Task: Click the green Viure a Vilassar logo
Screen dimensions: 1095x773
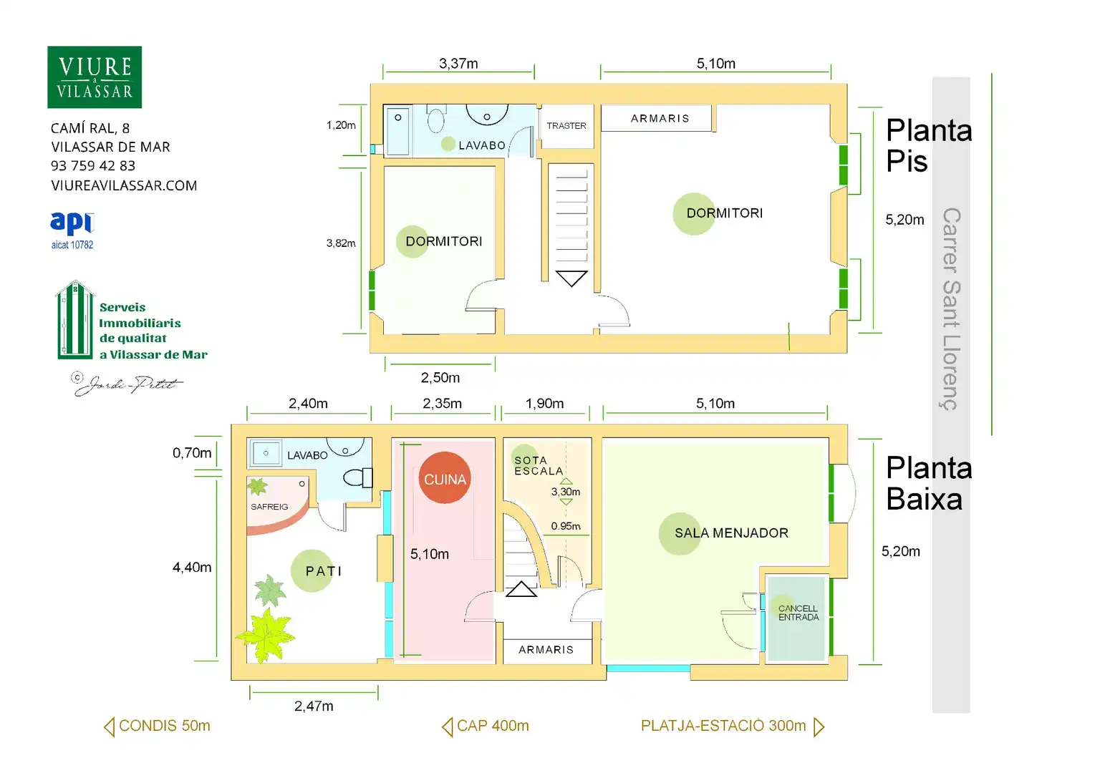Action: (x=95, y=77)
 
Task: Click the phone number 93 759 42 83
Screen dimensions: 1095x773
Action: (x=93, y=166)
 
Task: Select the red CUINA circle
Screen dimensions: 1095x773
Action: (x=444, y=478)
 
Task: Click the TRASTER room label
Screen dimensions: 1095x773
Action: (x=566, y=125)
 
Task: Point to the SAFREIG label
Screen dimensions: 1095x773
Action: (x=269, y=507)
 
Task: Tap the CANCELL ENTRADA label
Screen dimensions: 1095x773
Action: (x=799, y=613)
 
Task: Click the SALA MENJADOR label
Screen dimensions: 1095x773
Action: (x=731, y=533)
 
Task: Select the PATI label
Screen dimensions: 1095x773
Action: (x=324, y=570)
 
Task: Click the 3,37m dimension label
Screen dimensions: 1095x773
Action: (x=458, y=64)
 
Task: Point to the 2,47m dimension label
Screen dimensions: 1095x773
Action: (x=314, y=706)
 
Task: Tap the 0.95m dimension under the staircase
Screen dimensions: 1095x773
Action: (x=566, y=526)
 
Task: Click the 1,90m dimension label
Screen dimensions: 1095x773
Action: (x=544, y=404)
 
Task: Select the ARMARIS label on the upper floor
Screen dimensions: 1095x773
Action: (x=660, y=118)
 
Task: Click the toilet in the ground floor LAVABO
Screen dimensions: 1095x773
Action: (x=358, y=478)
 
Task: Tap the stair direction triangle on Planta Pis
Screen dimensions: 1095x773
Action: (x=571, y=278)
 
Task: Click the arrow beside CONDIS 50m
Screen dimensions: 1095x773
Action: (x=110, y=726)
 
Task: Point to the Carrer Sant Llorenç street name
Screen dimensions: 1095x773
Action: (x=951, y=308)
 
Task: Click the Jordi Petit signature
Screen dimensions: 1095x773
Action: (x=127, y=384)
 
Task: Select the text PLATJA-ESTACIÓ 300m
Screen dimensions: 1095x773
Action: (x=723, y=726)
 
